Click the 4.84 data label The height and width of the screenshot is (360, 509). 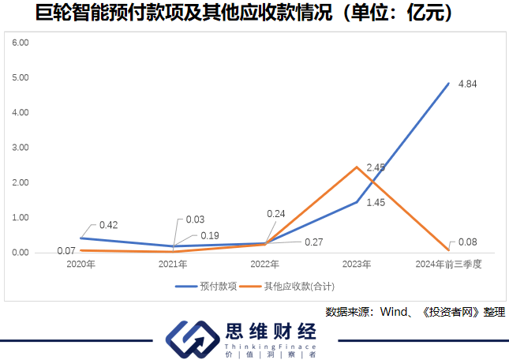(x=469, y=83)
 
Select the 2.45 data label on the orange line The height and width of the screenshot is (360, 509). (x=376, y=167)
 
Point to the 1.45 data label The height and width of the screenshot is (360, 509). (x=376, y=203)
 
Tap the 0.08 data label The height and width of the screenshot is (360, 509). (x=468, y=242)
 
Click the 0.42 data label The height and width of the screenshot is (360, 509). (x=109, y=225)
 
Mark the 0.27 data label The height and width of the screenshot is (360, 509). (x=313, y=242)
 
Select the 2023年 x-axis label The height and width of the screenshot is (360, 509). (x=357, y=264)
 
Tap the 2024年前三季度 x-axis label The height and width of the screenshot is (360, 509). (x=448, y=264)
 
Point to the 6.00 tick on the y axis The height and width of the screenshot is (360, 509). (x=21, y=42)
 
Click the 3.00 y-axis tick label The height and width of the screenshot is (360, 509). (x=21, y=147)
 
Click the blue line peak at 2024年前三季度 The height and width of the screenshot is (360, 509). (x=448, y=83)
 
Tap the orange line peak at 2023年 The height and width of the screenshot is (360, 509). (x=357, y=167)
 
